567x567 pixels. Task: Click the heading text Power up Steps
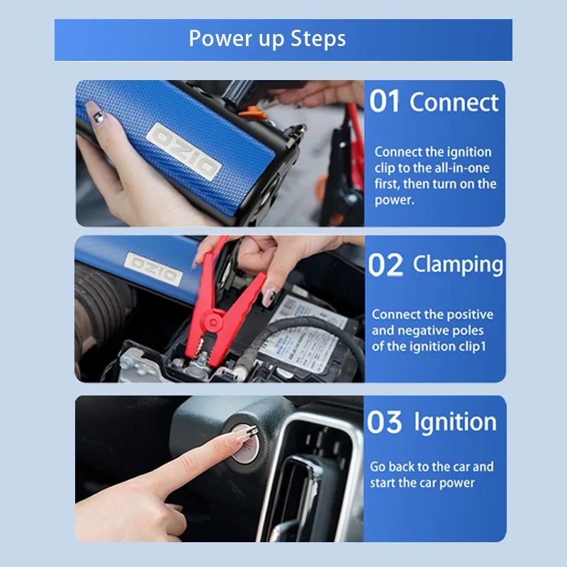point(267,39)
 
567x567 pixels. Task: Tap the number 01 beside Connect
point(384,101)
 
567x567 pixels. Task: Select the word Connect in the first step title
point(454,102)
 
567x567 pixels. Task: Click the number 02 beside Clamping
point(385,265)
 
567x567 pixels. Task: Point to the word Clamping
point(458,265)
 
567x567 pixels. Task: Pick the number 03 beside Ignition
point(384,422)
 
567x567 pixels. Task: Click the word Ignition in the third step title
point(455,422)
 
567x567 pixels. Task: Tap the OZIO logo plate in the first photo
point(184,151)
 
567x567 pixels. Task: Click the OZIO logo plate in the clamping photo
point(153,269)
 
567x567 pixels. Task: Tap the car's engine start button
point(244,444)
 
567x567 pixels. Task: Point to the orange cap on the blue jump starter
point(253,113)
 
